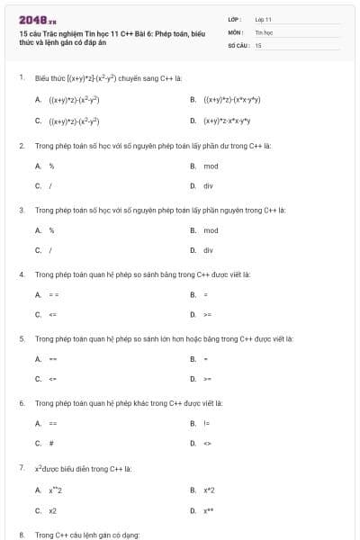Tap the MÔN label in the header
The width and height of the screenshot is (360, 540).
pyautogui.click(x=236, y=31)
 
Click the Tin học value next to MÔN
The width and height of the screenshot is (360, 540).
pyautogui.click(x=264, y=31)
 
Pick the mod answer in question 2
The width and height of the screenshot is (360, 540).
pyautogui.click(x=211, y=166)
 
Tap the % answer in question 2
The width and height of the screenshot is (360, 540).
pyautogui.click(x=51, y=166)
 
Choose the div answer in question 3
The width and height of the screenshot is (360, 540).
pyautogui.click(x=208, y=250)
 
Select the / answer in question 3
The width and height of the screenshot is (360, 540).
pyautogui.click(x=50, y=250)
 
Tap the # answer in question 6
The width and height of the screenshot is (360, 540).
pyautogui.click(x=51, y=443)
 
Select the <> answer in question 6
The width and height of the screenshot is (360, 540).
pyautogui.click(x=207, y=443)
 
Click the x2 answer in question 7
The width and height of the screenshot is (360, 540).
pyautogui.click(x=53, y=510)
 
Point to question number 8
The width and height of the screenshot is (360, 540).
pyautogui.click(x=21, y=535)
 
